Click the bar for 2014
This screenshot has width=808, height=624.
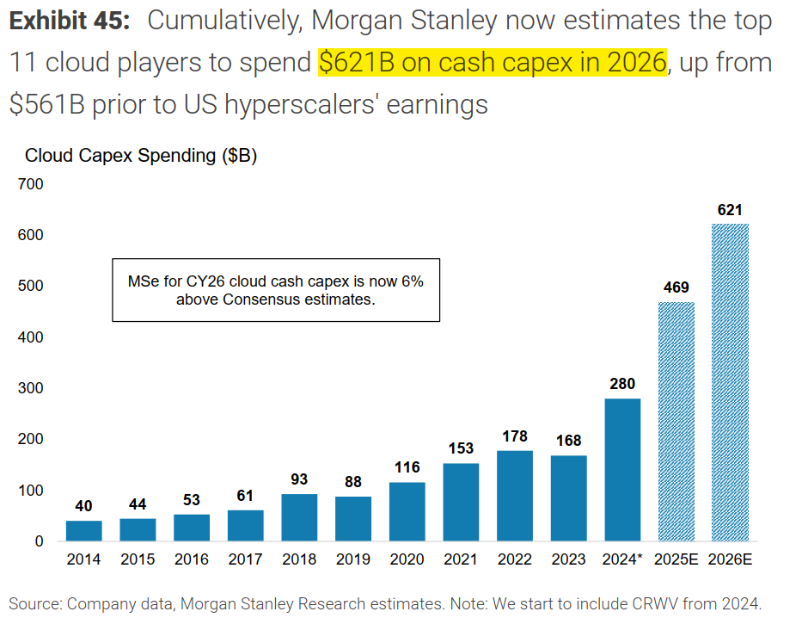[x=83, y=530]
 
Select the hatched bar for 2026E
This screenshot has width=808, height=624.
[x=730, y=382]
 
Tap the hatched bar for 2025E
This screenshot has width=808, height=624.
[x=676, y=421]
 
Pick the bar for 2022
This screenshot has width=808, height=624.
[x=515, y=496]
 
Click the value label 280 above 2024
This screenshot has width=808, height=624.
[x=622, y=384]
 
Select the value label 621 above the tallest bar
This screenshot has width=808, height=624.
[x=730, y=209]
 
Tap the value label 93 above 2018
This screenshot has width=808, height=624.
[x=299, y=479]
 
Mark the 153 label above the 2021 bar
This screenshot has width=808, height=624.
[x=461, y=448]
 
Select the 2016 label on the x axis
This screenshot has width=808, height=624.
[x=192, y=559]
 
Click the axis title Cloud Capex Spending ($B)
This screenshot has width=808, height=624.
[x=141, y=156]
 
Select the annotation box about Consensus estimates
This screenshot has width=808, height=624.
[x=276, y=290]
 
